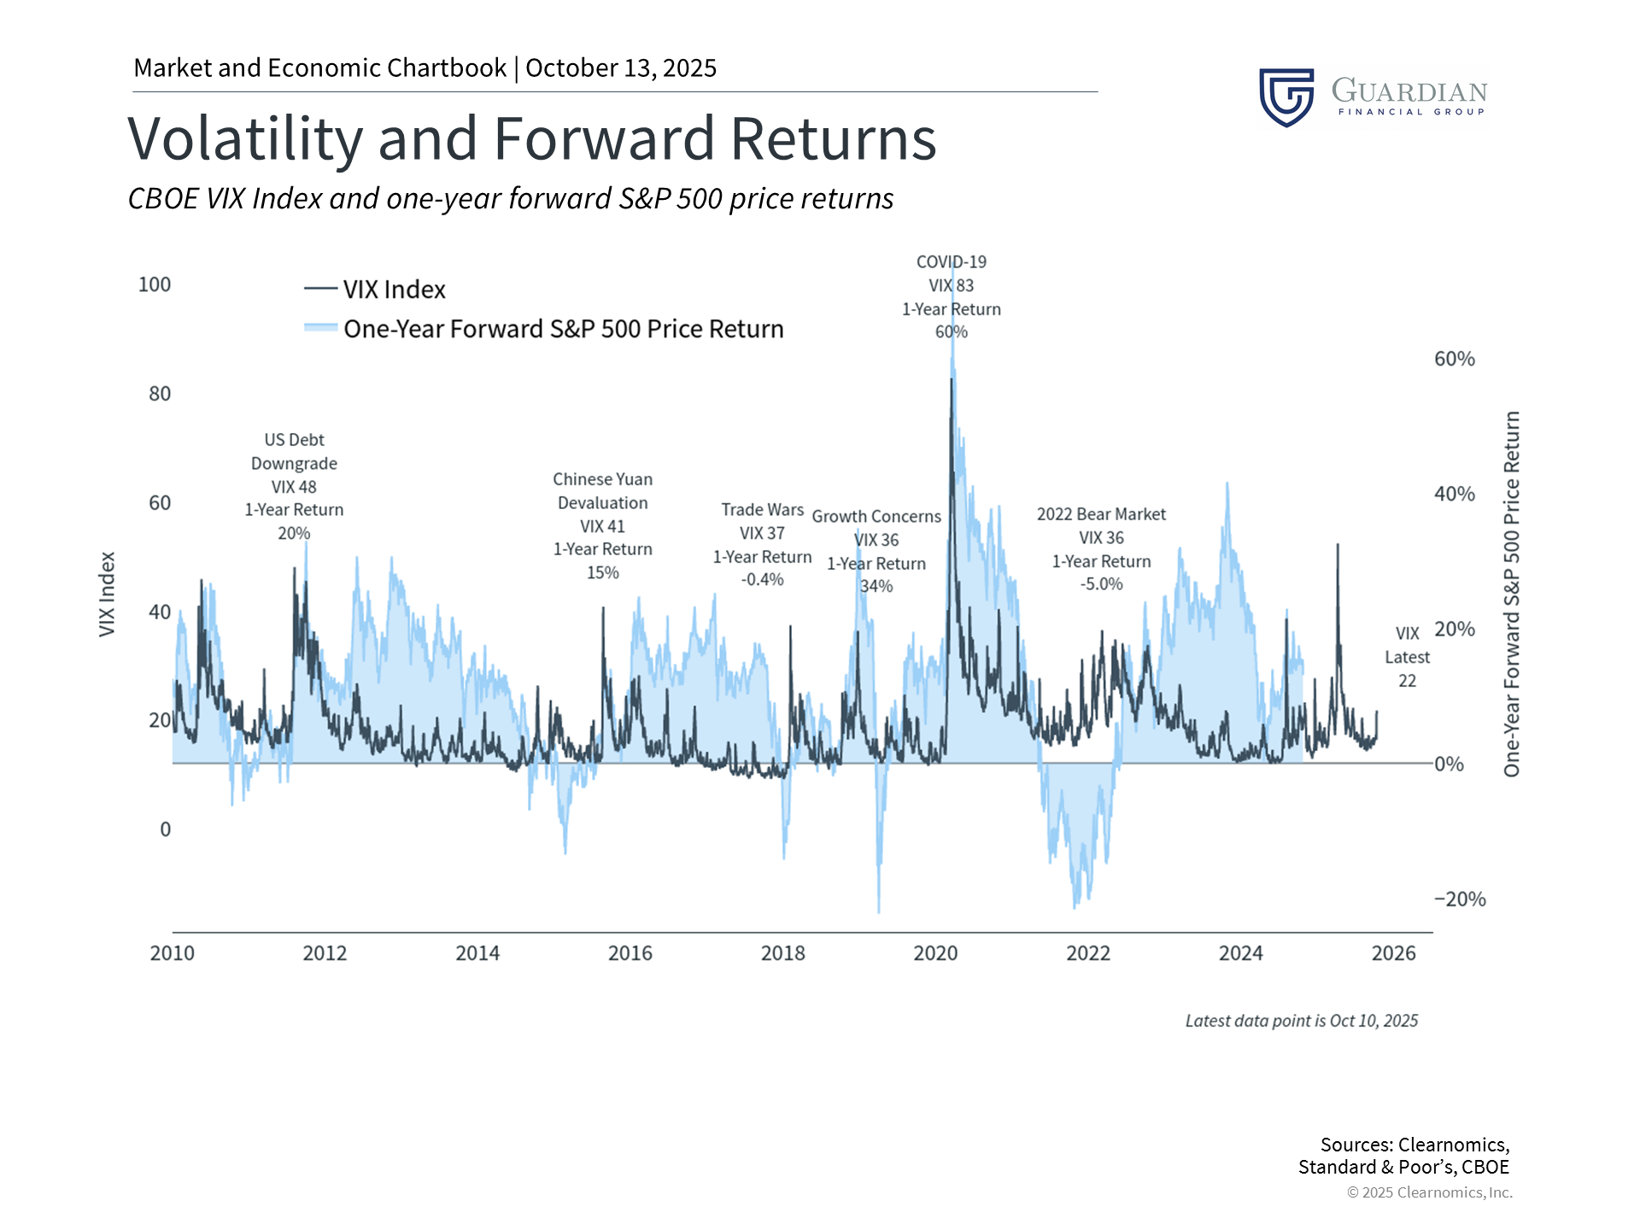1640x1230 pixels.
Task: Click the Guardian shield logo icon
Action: pyautogui.click(x=1286, y=97)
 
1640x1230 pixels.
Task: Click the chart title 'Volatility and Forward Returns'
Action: pyautogui.click(x=531, y=139)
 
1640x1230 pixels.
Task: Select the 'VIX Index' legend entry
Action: pyautogui.click(x=394, y=290)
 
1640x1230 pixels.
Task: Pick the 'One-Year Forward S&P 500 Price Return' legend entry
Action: pyautogui.click(x=563, y=329)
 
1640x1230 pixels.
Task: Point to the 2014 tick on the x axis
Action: pyautogui.click(x=477, y=953)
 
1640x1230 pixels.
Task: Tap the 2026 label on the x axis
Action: pyautogui.click(x=1393, y=953)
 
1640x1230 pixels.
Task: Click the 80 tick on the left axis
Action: pyautogui.click(x=160, y=394)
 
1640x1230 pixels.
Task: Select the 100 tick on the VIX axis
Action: pyautogui.click(x=155, y=284)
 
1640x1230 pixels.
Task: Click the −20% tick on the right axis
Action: pyautogui.click(x=1460, y=899)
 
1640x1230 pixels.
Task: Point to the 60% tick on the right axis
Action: pyautogui.click(x=1454, y=359)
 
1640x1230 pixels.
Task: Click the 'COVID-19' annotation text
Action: pyautogui.click(x=951, y=262)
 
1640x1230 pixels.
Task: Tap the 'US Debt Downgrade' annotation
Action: pyautogui.click(x=294, y=452)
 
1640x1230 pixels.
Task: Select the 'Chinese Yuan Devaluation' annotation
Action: pyautogui.click(x=602, y=491)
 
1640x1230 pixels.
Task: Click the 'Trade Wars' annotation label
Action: pyautogui.click(x=762, y=510)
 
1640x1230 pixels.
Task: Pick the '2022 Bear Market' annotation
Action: pyautogui.click(x=1101, y=514)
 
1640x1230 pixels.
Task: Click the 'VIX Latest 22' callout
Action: pyautogui.click(x=1407, y=657)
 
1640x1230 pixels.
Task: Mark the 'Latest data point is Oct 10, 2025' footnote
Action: pyautogui.click(x=1301, y=1021)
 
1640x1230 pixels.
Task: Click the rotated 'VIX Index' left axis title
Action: pyautogui.click(x=107, y=594)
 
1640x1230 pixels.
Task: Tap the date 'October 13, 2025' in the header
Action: pyautogui.click(x=621, y=68)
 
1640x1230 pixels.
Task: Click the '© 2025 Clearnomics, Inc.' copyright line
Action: pyautogui.click(x=1429, y=1192)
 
